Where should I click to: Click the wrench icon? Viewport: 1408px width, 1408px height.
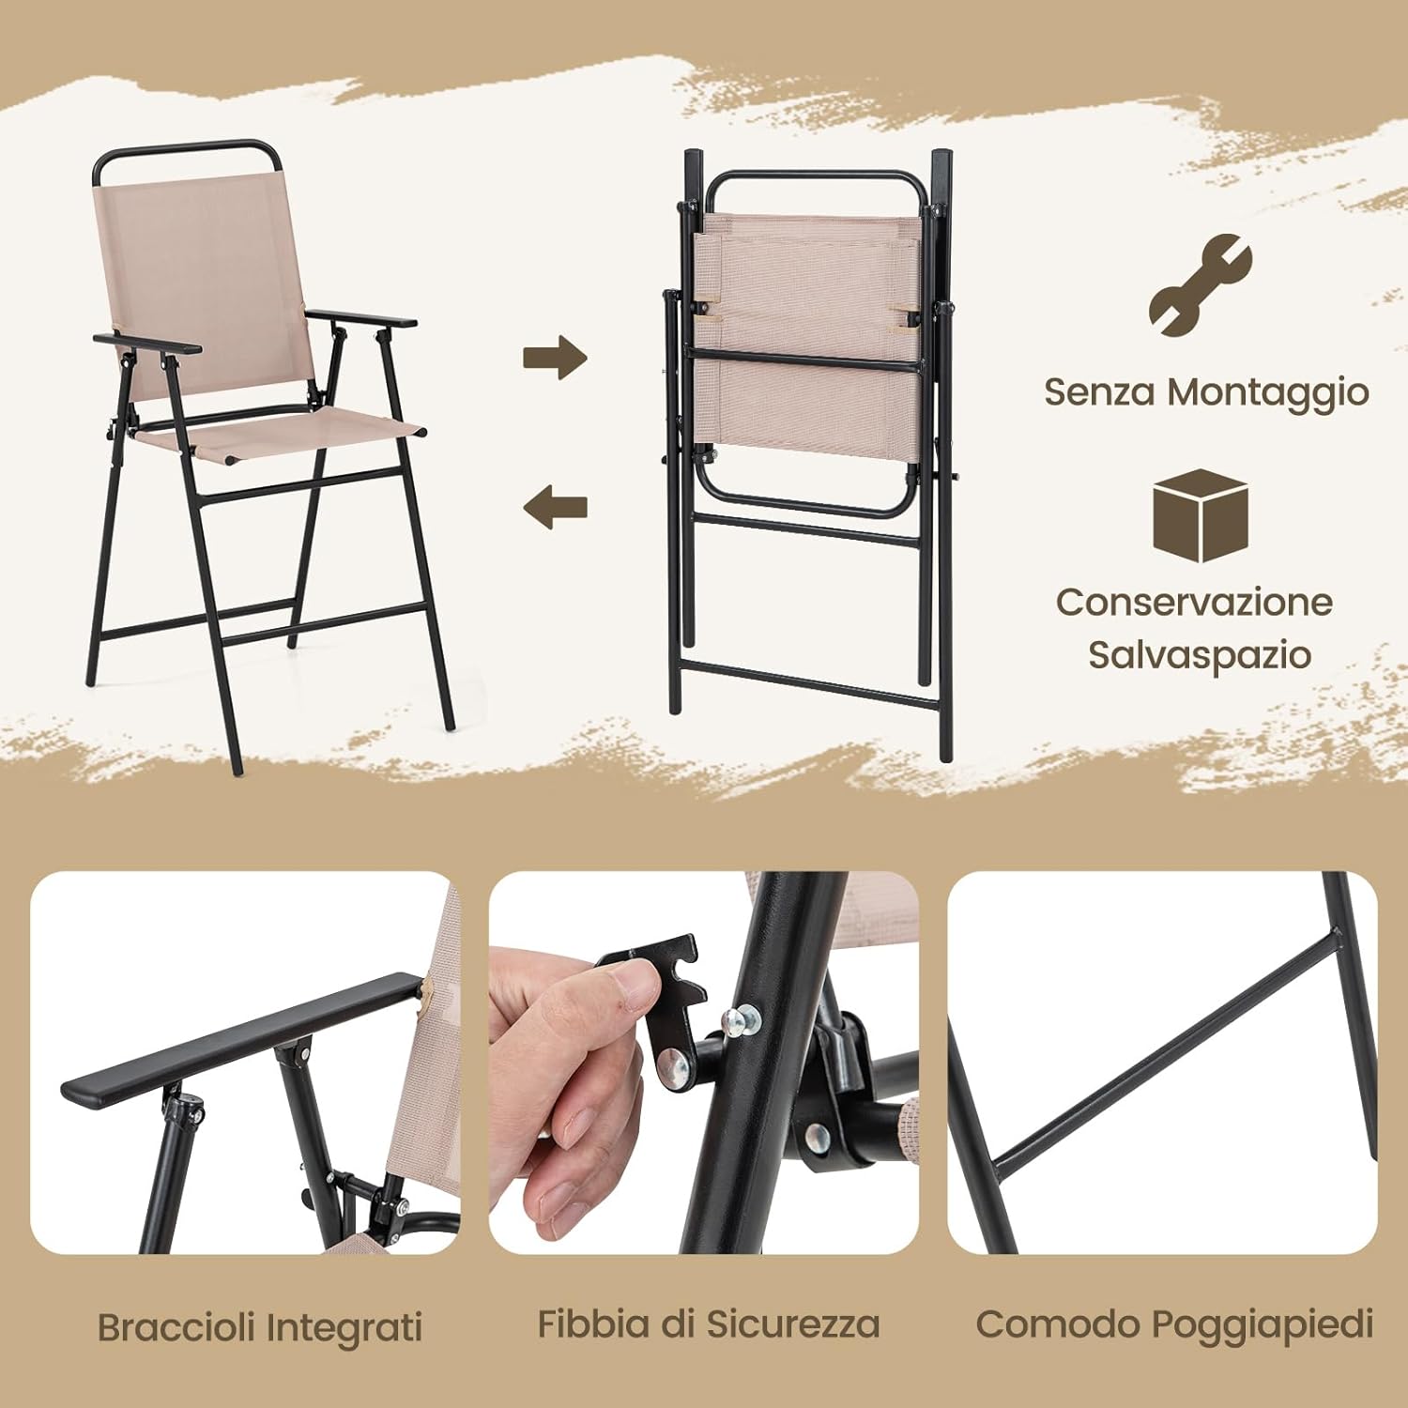(1201, 285)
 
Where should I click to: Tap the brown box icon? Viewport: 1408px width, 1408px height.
(1201, 515)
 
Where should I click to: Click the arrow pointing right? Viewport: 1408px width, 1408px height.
(555, 357)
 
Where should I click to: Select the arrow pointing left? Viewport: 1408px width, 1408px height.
(555, 507)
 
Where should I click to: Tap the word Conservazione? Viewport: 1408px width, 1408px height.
(1194, 602)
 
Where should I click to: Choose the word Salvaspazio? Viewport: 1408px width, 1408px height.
(1199, 655)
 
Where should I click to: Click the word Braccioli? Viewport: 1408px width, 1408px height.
(176, 1327)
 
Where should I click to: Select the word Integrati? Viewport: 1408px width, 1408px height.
(344, 1329)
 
